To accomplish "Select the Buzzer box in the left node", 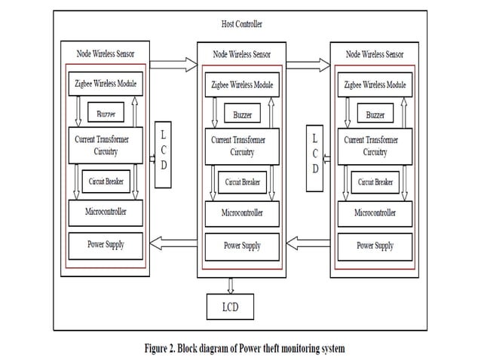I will [x=105, y=114].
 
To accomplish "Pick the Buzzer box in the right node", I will [x=375, y=115].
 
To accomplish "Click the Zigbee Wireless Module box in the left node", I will [x=106, y=83].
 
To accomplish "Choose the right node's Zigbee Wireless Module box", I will [x=375, y=85].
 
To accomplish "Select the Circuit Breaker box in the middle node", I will [x=242, y=182].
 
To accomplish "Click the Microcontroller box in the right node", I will [x=375, y=213].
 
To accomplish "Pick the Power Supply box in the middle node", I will [x=242, y=246].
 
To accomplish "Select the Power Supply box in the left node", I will [x=106, y=245].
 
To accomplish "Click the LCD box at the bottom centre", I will [x=230, y=307].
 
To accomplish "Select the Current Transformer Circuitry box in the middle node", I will [x=242, y=146].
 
